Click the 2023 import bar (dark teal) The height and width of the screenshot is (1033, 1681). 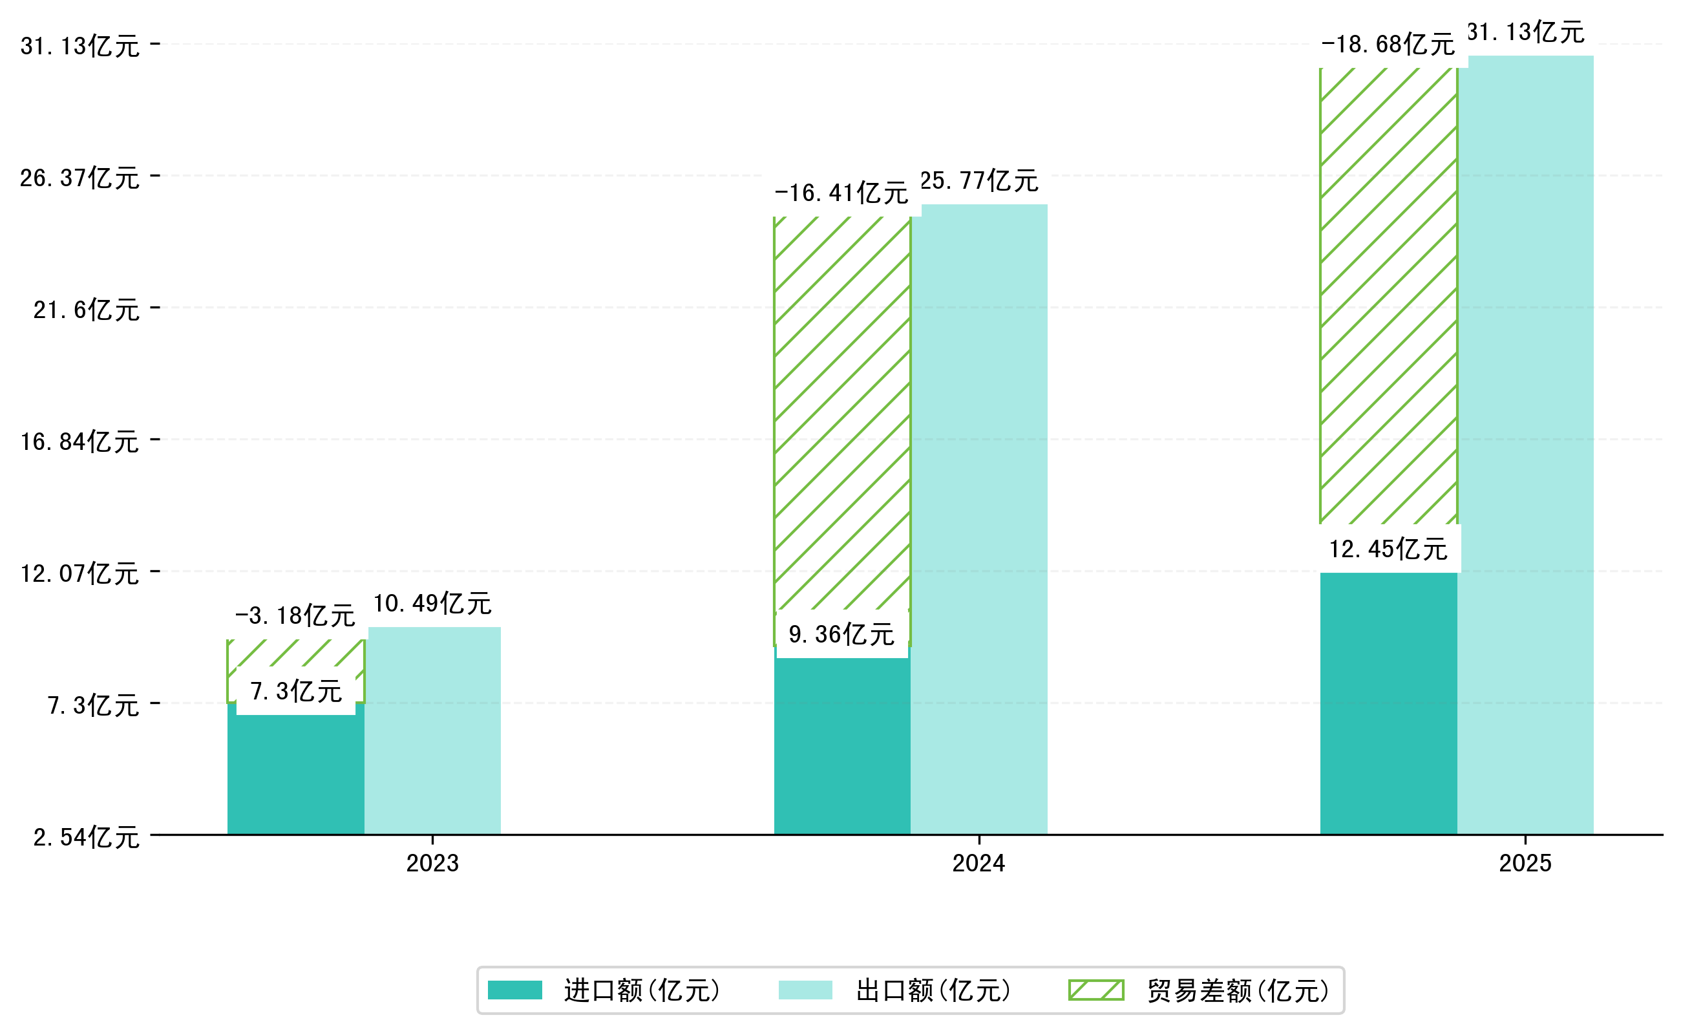(296, 776)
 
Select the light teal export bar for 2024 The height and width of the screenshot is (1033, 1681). (979, 519)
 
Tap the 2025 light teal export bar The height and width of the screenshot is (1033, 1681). (1525, 444)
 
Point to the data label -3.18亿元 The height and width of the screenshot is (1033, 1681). (295, 616)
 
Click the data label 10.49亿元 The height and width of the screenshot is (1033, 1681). (432, 604)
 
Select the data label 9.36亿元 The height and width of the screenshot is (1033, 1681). (841, 635)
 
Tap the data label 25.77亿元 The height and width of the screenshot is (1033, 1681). (979, 182)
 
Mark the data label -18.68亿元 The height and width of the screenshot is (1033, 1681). (1388, 45)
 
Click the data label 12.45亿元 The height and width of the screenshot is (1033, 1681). (1388, 549)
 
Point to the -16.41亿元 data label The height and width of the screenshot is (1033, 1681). (841, 194)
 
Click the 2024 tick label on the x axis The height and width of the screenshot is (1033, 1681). (979, 864)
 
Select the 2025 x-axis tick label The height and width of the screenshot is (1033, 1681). (1525, 864)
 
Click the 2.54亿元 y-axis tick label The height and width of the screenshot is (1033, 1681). (87, 838)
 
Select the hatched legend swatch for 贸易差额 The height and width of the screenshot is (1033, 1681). (1096, 990)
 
